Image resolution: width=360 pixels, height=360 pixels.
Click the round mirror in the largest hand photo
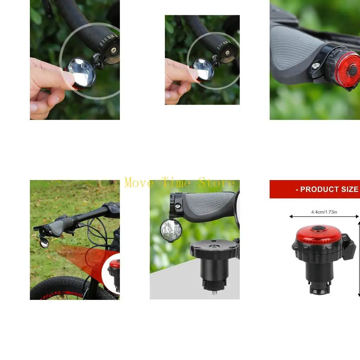click(x=82, y=72)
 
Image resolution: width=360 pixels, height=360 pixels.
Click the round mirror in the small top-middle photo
click(x=203, y=69)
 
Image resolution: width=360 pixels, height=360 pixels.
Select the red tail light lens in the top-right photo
click(x=348, y=68)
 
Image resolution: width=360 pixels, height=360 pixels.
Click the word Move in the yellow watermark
click(x=139, y=183)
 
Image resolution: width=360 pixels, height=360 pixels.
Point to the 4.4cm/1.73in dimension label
click(x=324, y=212)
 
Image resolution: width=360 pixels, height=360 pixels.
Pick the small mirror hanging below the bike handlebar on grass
click(x=44, y=243)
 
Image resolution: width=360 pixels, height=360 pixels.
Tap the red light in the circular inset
click(x=115, y=264)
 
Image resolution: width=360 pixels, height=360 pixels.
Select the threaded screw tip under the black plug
click(x=214, y=291)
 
